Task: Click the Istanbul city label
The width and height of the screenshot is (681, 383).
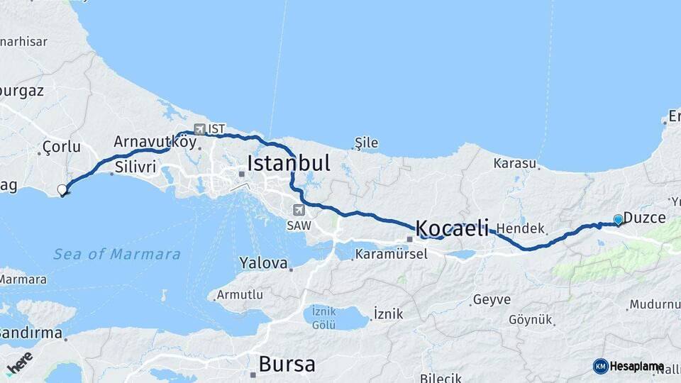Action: [x=288, y=164]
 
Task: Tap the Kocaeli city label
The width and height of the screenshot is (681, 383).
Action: [x=452, y=228]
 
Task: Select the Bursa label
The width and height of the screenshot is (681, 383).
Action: [x=287, y=365]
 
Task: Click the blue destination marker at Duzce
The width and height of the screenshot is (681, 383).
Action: [x=619, y=220]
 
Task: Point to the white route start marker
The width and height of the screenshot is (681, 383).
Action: [x=62, y=189]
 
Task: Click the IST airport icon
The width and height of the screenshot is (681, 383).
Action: [x=199, y=129]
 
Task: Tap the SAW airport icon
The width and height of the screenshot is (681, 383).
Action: [x=299, y=210]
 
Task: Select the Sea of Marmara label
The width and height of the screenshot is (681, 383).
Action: [x=117, y=254]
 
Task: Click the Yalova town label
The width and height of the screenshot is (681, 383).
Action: [x=263, y=263]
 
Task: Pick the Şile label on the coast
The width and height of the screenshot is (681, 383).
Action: [x=366, y=143]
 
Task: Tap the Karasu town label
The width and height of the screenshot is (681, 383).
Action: [x=514, y=163]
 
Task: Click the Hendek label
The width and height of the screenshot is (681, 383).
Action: [x=520, y=228]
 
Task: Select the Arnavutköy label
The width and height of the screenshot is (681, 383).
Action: [x=155, y=141]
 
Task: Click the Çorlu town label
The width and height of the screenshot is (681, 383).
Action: [x=62, y=148]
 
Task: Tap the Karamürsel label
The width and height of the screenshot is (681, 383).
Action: [x=391, y=254]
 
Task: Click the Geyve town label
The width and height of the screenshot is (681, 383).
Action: [x=492, y=299]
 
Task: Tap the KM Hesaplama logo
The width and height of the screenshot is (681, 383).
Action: [x=629, y=366]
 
